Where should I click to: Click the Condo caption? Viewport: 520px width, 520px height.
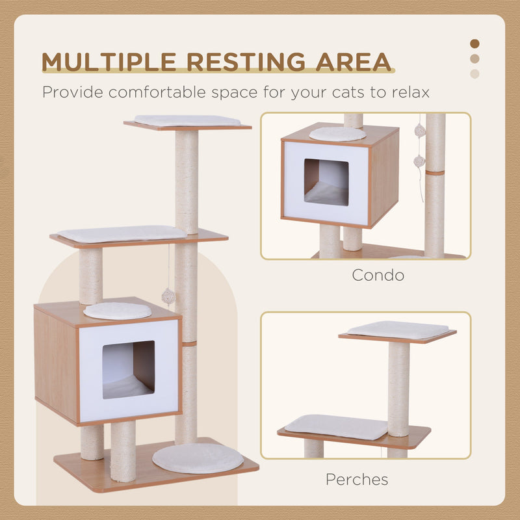(x=378, y=275)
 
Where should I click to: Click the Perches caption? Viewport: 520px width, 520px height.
(x=357, y=480)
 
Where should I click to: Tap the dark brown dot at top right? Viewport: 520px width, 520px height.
(x=474, y=44)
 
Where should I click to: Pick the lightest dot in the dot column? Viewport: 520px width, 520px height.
(x=474, y=73)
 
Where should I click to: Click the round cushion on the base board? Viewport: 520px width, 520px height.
(x=198, y=458)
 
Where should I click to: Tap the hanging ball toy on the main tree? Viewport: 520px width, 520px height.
(x=168, y=296)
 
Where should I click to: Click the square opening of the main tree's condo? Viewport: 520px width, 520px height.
(x=129, y=369)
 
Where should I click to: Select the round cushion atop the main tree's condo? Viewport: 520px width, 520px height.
(x=118, y=311)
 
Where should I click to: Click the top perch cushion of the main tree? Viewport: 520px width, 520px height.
(x=187, y=120)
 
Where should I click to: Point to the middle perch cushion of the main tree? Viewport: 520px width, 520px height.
(x=122, y=233)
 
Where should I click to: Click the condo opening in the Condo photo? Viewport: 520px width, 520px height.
(x=326, y=183)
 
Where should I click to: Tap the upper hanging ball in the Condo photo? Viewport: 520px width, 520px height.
(x=420, y=131)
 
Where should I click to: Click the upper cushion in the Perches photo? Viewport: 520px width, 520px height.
(x=398, y=330)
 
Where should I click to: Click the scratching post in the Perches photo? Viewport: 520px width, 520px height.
(x=398, y=389)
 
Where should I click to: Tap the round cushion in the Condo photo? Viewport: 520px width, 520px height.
(x=337, y=134)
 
